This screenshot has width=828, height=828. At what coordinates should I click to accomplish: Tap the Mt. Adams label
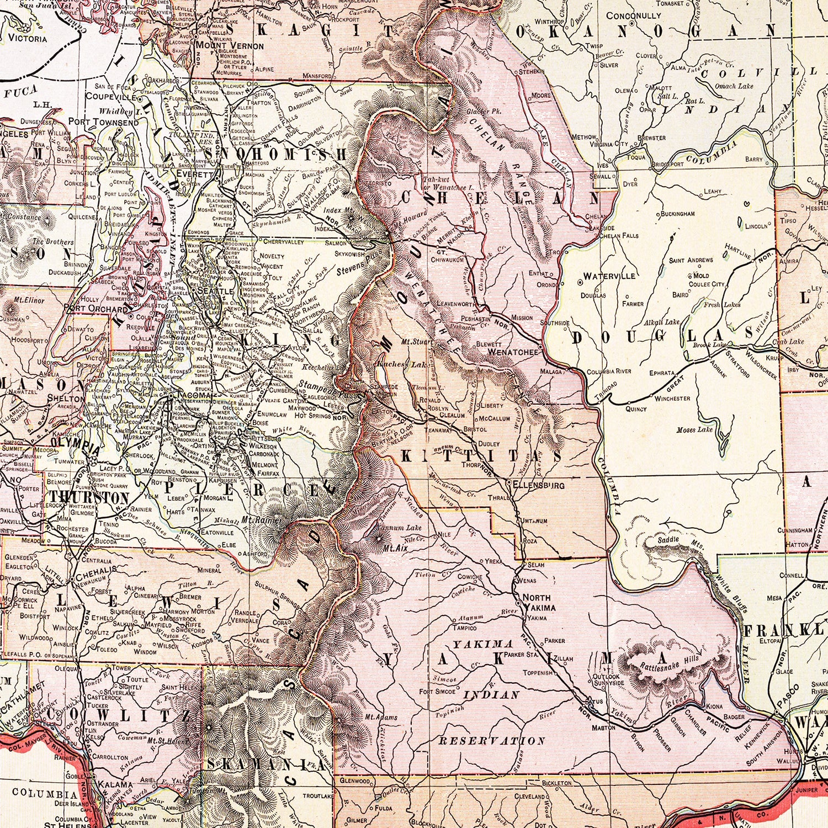381,718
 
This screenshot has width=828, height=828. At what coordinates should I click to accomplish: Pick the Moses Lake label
694,429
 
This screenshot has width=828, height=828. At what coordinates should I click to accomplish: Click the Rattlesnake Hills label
669,664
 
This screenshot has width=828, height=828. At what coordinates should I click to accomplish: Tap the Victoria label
28,39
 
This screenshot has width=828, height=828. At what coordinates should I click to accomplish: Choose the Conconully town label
633,16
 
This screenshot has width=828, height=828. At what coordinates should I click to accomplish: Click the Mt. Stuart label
417,342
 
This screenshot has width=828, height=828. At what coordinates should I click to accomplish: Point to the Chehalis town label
100,569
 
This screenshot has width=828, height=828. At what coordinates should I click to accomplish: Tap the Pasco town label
788,698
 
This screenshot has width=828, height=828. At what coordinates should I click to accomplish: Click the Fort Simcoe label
437,692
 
